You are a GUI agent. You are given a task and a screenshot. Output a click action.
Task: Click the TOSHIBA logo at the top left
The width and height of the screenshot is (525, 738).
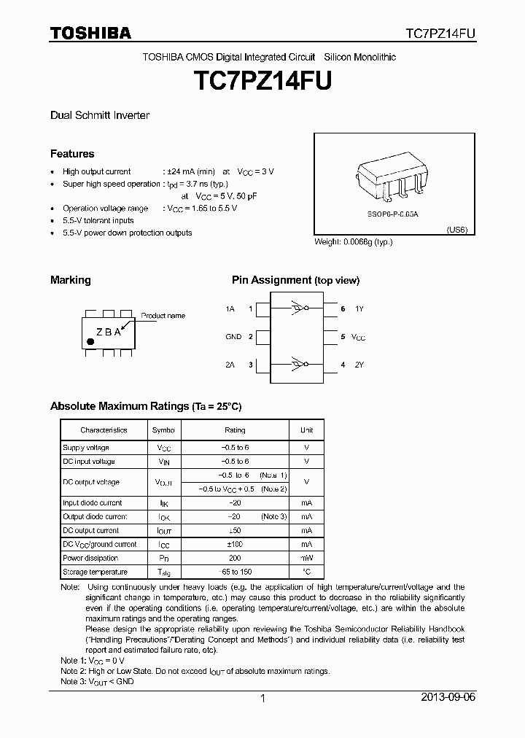click(x=90, y=33)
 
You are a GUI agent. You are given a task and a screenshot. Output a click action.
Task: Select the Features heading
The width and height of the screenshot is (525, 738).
click(x=72, y=154)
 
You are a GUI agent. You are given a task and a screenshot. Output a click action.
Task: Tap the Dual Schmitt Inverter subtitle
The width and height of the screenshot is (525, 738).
click(x=100, y=116)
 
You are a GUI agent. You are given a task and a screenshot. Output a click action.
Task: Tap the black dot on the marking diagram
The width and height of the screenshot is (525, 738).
click(x=90, y=341)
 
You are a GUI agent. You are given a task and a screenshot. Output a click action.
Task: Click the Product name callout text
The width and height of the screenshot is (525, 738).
click(x=163, y=316)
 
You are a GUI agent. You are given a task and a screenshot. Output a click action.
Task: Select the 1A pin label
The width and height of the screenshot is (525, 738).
click(x=230, y=309)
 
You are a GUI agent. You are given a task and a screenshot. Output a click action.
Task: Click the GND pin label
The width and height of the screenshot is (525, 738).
click(x=233, y=337)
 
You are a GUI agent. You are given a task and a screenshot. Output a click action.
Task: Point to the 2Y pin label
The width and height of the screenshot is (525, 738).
click(x=359, y=364)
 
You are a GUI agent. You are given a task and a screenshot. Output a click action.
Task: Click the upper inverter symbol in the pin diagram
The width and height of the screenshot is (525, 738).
click(x=297, y=308)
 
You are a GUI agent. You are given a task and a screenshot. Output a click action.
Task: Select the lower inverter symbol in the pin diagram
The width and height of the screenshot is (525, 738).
click(x=297, y=363)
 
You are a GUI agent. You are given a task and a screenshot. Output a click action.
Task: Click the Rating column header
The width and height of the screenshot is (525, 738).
click(x=235, y=430)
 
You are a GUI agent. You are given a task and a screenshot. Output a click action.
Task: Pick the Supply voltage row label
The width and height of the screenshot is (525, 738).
click(x=86, y=448)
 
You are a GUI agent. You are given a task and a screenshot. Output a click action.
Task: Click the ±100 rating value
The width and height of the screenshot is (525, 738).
click(x=235, y=544)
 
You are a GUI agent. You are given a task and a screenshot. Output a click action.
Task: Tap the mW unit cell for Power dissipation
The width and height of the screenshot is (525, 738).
click(x=306, y=558)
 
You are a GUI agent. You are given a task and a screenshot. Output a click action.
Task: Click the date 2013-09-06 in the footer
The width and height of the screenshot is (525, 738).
click(x=448, y=698)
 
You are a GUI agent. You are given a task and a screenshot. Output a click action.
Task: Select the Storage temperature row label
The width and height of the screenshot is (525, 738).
click(x=95, y=572)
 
